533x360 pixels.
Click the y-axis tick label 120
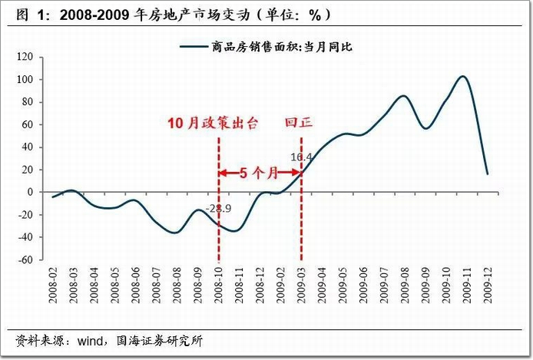[x=24, y=58]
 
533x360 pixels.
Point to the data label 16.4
[x=301, y=157]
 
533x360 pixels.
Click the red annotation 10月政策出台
[x=214, y=123]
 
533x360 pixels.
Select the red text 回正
[x=300, y=123]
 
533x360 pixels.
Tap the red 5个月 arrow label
[x=260, y=173]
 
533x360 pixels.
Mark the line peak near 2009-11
[x=462, y=76]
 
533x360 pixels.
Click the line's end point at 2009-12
[x=487, y=173]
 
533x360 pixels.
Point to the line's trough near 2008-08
[x=176, y=232]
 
